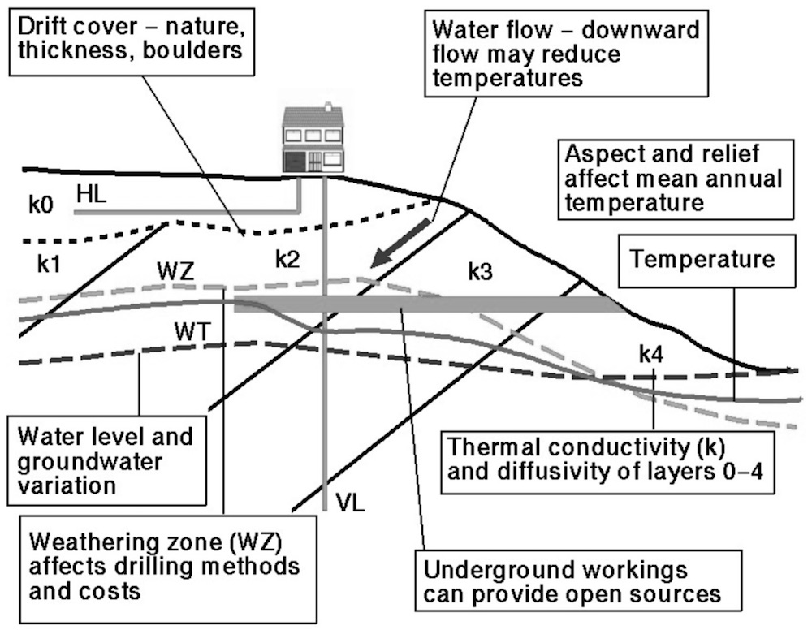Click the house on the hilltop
tap(313, 138)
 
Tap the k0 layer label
tap(41, 205)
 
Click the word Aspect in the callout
tap(595, 153)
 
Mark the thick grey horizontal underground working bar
tap(422, 305)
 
